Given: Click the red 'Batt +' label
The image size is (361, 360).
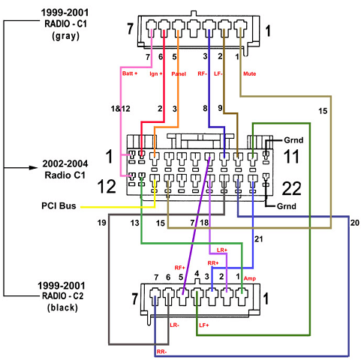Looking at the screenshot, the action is [130, 73].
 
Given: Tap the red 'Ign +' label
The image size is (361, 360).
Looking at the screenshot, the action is [156, 73].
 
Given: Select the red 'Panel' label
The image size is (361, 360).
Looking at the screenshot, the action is [179, 73].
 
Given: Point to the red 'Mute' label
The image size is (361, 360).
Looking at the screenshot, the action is [249, 73].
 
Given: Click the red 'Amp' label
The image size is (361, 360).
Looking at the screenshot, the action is [250, 278].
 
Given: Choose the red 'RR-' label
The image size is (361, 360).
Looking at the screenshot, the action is [161, 352].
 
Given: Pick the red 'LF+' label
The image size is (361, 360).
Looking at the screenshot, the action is [204, 325].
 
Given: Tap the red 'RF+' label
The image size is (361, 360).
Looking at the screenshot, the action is [179, 268].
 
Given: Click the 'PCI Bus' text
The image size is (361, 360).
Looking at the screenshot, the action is [59, 205].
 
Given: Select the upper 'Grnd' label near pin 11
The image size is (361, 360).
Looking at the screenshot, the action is [293, 140].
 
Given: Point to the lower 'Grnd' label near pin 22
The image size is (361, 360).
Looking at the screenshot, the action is [287, 206].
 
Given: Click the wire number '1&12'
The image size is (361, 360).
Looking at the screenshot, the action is [121, 109].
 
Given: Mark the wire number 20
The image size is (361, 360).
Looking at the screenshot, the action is [355, 223].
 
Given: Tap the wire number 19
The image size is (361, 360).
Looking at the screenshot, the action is [101, 223].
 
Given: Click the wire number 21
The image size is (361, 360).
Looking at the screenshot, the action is [258, 239].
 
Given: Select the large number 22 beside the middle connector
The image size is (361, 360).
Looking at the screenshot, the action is [291, 188].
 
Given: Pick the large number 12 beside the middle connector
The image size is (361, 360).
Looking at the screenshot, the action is [107, 187].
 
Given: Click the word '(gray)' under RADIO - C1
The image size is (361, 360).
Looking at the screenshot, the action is [65, 36].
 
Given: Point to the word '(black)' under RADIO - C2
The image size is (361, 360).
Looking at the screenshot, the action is [62, 307].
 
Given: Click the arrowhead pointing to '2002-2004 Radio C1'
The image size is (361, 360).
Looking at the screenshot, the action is [34, 167].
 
